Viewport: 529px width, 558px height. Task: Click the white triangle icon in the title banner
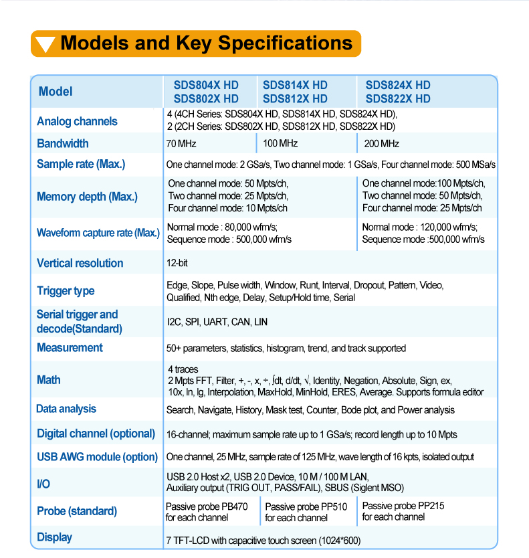[x=45, y=44]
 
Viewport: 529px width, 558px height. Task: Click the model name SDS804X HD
[x=205, y=85]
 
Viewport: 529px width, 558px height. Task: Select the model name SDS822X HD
[x=398, y=98]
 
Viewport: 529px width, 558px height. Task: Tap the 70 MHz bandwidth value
[x=181, y=144]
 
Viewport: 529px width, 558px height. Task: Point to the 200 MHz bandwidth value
[x=382, y=144]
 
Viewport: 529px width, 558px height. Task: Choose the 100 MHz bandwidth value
[x=280, y=144]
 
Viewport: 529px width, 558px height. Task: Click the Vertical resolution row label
[x=80, y=263]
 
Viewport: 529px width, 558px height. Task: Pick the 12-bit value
[x=177, y=263]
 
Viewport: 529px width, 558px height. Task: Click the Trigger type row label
[x=66, y=290]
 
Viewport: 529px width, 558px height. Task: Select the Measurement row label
[x=70, y=347]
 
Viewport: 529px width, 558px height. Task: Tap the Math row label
[x=49, y=379]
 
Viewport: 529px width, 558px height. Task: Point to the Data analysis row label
[x=66, y=409]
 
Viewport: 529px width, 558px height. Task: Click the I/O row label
[x=43, y=483]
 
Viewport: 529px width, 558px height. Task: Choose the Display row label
[x=54, y=537]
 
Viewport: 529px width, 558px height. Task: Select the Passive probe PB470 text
[x=207, y=506]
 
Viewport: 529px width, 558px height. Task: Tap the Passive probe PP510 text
[x=306, y=507]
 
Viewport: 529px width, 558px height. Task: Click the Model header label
[x=56, y=92]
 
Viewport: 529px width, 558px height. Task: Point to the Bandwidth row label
[x=62, y=143]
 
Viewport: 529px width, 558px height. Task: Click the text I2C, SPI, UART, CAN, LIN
[x=217, y=322]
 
